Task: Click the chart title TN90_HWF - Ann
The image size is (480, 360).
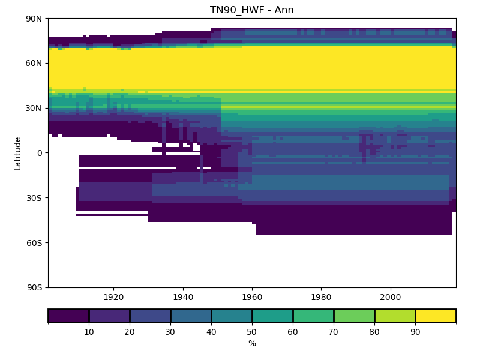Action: (x=252, y=10)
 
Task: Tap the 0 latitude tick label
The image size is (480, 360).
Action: (x=40, y=153)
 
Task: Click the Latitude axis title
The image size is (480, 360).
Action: (x=18, y=153)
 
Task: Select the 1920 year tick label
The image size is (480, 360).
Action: (x=113, y=297)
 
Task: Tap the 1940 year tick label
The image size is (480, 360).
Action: (x=183, y=297)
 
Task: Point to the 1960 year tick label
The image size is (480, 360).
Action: (x=252, y=297)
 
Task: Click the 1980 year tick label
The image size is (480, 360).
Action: (x=321, y=297)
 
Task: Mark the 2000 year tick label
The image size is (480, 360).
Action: (x=391, y=297)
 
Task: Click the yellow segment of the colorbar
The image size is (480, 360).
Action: (x=436, y=316)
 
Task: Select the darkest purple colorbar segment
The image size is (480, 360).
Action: (x=68, y=316)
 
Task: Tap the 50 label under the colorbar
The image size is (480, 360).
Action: (x=252, y=331)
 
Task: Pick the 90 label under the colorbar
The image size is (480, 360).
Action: (x=415, y=331)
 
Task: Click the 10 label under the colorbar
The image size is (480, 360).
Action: (x=89, y=331)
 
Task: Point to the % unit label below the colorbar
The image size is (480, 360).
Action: (x=252, y=343)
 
